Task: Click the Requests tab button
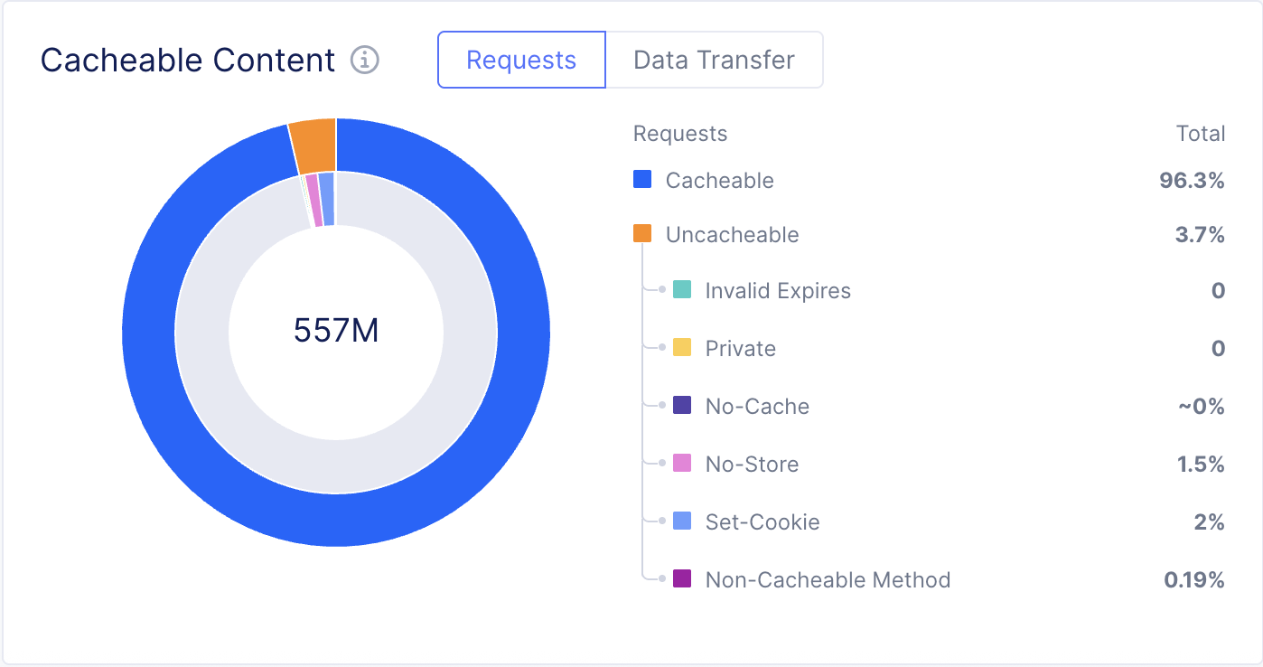[x=521, y=60]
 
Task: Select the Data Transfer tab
[x=714, y=60]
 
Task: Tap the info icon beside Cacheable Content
[x=365, y=60]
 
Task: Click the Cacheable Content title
[x=188, y=60]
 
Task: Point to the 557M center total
[x=336, y=331]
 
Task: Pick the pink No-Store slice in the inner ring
[x=313, y=200]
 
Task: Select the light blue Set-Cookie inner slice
[x=327, y=199]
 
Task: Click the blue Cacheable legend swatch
[x=642, y=179]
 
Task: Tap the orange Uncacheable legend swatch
[x=642, y=233]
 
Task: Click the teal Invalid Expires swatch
[x=682, y=290]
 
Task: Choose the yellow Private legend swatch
[x=682, y=348]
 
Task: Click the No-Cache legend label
[x=757, y=407]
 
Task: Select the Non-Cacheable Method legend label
[x=828, y=580]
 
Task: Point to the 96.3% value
[x=1192, y=181]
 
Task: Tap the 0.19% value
[x=1194, y=580]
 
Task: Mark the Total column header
[x=1200, y=134]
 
